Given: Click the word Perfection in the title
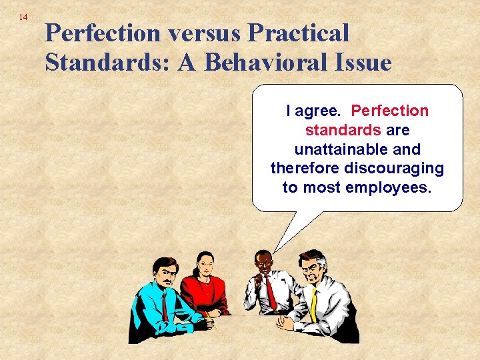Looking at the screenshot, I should pyautogui.click(x=103, y=33).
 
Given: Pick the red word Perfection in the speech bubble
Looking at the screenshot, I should pyautogui.click(x=389, y=111).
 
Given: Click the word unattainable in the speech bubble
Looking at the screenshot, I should pyautogui.click(x=357, y=149).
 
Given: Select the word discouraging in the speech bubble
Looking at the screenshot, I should pyautogui.click(x=389, y=168).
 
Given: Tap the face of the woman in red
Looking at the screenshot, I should pyautogui.click(x=205, y=266).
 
